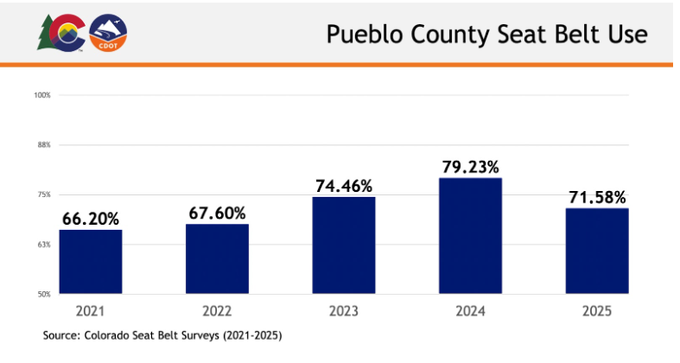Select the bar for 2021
click(91, 262)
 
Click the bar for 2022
click(217, 259)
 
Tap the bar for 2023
click(344, 245)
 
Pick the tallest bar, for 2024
click(471, 236)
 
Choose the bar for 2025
click(597, 251)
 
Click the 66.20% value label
click(91, 220)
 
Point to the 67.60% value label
click(217, 213)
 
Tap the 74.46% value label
click(344, 186)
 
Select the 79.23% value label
click(471, 167)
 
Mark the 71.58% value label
click(597, 197)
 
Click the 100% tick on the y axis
click(42, 94)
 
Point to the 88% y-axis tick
click(44, 144)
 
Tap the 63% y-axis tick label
click(44, 245)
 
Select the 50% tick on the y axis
click(44, 295)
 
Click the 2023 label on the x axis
click(344, 310)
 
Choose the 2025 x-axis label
click(597, 310)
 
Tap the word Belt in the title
click(577, 34)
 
